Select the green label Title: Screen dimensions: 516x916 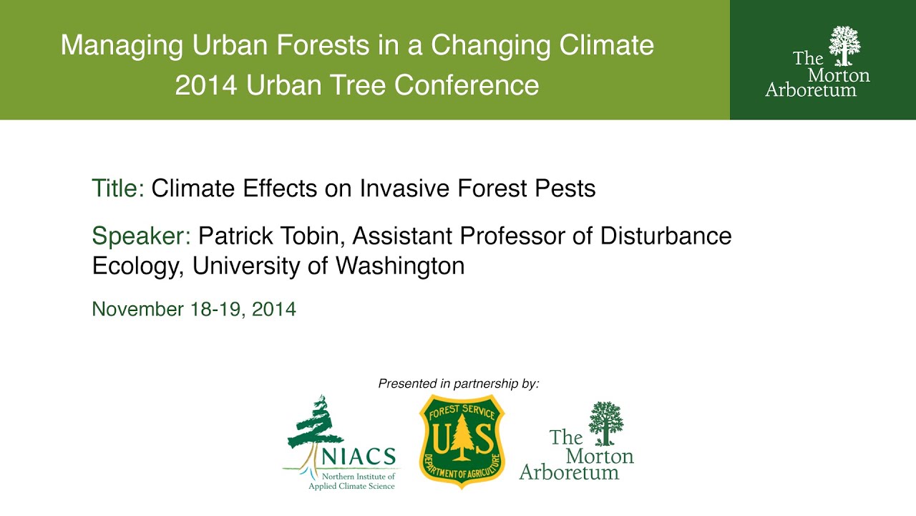(118, 188)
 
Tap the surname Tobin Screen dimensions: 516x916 (312, 236)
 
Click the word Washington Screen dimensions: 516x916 (400, 266)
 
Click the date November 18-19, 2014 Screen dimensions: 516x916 (194, 309)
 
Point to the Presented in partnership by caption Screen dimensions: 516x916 (458, 383)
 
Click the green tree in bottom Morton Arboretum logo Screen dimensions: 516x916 (605, 423)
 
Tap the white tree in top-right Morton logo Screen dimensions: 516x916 (844, 44)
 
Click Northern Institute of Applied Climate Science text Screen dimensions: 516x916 (351, 481)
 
